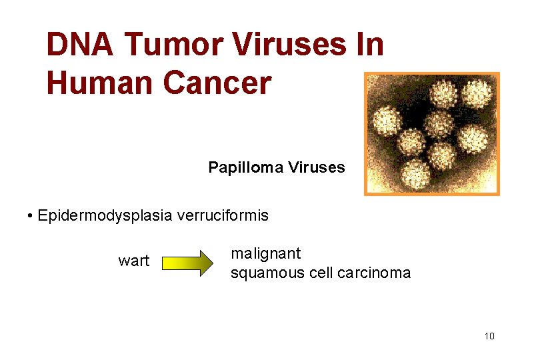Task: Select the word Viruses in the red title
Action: (289, 45)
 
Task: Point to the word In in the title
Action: (370, 45)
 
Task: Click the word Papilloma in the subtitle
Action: (246, 167)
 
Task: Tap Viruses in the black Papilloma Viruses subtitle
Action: (317, 167)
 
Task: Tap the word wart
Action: (134, 261)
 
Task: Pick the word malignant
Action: (265, 254)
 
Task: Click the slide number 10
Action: (489, 336)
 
